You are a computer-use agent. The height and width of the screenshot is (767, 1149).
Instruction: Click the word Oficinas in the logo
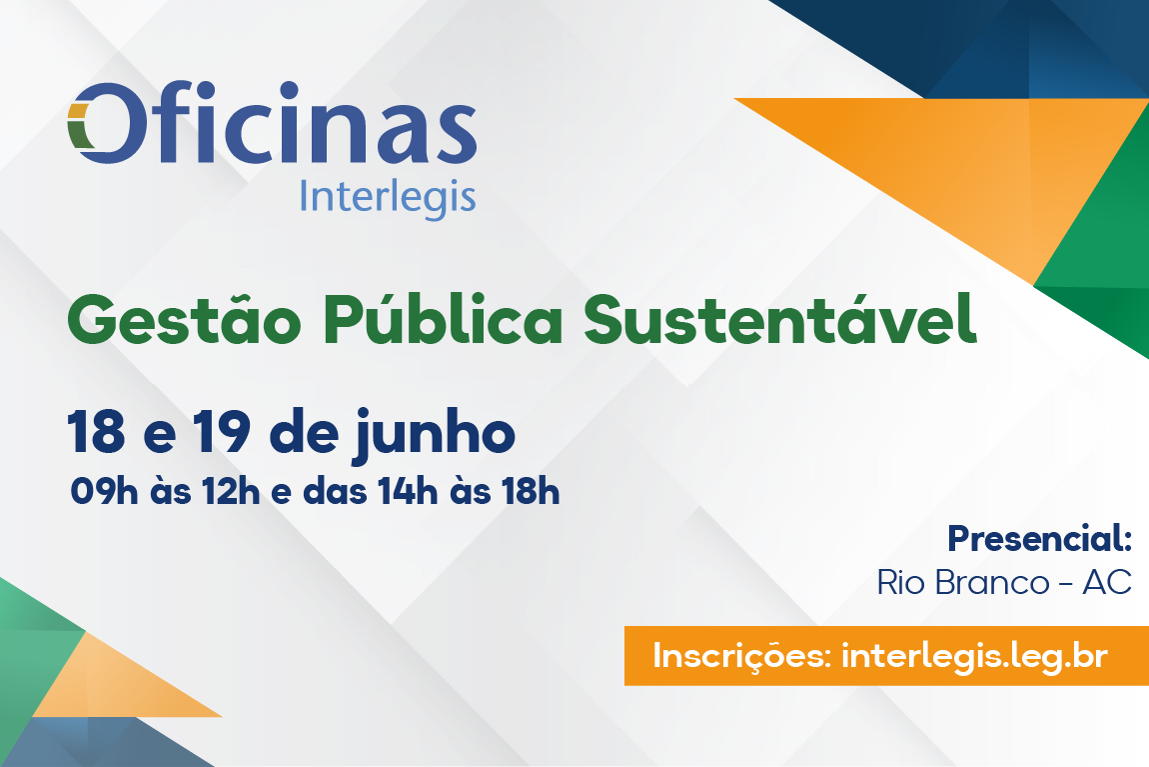(272, 122)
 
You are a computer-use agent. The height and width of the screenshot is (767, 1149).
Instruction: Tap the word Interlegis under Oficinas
(388, 198)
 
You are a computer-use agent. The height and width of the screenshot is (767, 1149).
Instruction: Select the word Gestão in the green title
(184, 320)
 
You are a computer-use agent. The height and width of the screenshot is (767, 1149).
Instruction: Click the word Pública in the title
(443, 318)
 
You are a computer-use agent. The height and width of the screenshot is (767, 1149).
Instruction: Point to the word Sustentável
(780, 318)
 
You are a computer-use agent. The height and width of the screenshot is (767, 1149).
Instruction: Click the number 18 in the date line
(96, 433)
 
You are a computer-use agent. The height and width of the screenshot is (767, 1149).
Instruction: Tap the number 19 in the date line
(222, 433)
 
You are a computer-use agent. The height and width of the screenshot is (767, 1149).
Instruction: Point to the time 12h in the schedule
(231, 492)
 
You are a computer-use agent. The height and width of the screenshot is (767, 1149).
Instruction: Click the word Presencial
(1040, 538)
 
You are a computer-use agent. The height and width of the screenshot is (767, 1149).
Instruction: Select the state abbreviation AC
(1107, 583)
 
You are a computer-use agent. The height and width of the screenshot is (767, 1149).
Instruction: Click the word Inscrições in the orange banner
(740, 656)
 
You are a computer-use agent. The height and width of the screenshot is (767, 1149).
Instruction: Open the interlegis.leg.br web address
(974, 656)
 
